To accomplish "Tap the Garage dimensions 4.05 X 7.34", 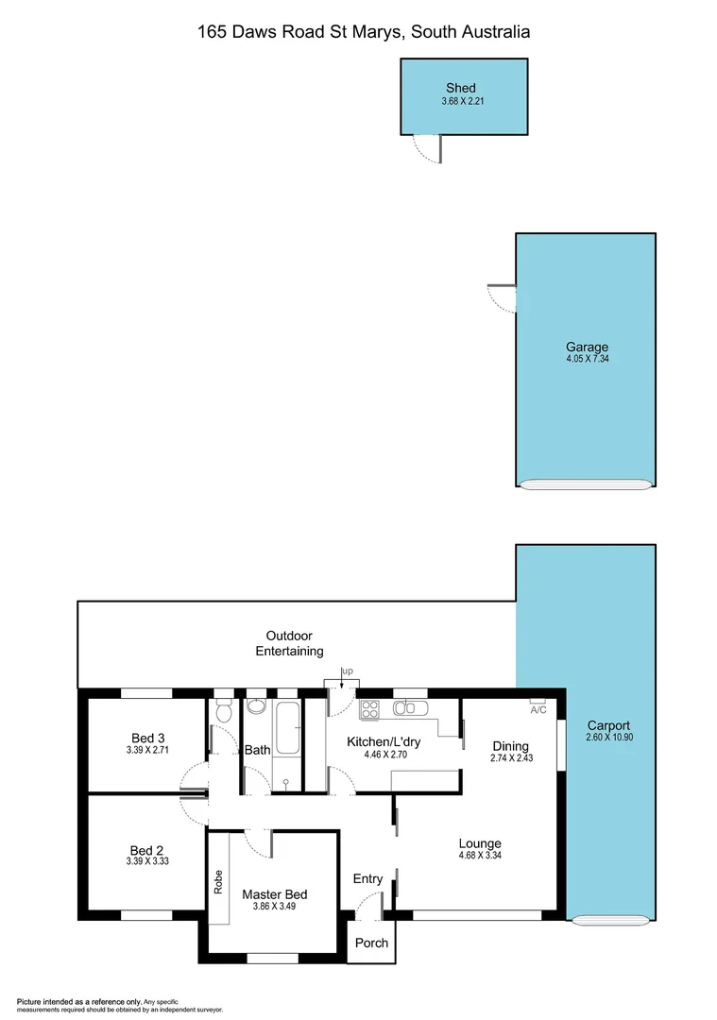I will point(587,359).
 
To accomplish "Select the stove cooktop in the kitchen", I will point(368,708).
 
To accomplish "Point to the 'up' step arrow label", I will point(347,671).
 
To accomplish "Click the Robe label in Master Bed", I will point(218,880).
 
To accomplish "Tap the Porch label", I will point(371,943).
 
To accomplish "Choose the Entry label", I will point(367,879).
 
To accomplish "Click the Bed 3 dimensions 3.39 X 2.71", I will point(147,751).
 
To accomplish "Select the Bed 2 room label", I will point(146,849).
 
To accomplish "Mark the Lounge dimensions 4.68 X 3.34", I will point(480,856).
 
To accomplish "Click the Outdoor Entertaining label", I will point(289,643).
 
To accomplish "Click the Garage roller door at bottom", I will point(586,484).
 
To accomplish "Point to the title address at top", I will point(364,31).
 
